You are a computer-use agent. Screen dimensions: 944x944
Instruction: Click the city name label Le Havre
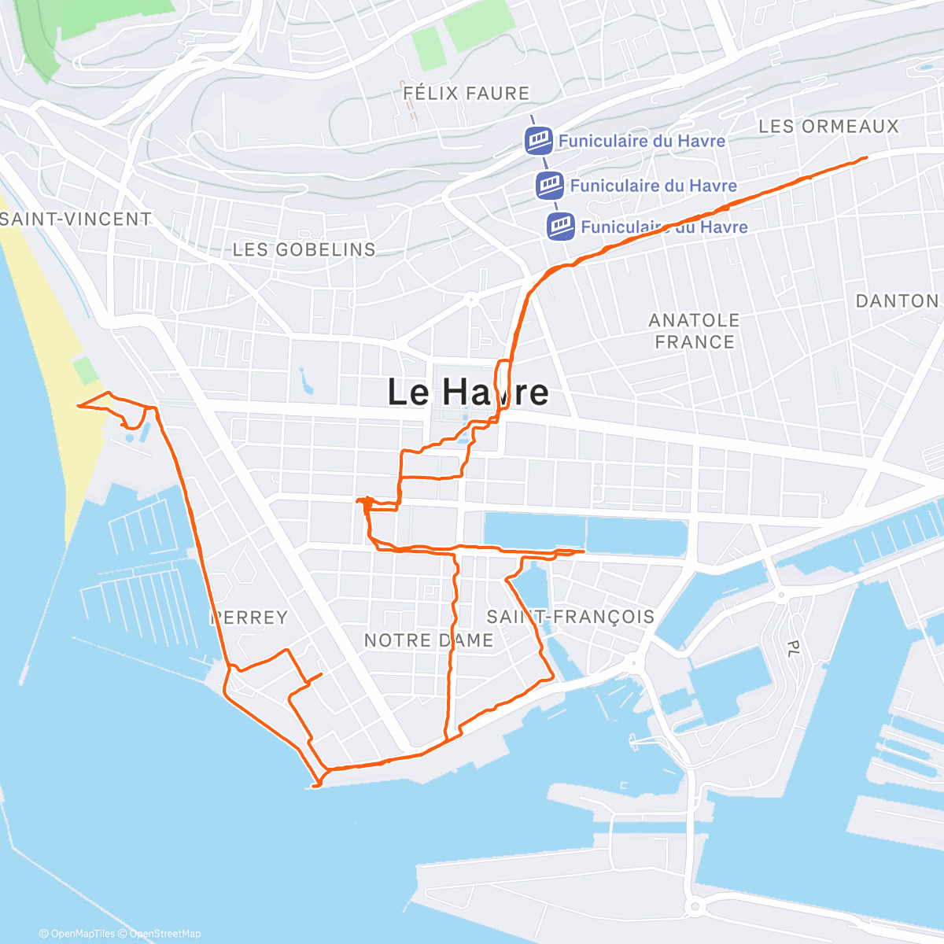point(468,392)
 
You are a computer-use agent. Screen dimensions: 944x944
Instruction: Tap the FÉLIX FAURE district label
point(466,94)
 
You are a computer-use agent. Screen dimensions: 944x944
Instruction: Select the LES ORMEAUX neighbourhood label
point(828,126)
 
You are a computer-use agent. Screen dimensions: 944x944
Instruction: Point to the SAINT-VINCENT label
point(76,219)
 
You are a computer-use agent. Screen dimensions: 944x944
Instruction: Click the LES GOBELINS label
point(304,249)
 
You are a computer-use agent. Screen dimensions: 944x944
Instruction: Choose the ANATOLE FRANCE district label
point(695,331)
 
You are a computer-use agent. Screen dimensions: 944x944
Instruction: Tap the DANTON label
point(897,301)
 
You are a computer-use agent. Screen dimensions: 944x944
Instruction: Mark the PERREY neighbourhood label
point(249,618)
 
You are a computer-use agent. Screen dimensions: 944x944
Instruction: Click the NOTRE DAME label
point(429,640)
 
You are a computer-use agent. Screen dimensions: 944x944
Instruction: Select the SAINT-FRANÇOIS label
point(570,616)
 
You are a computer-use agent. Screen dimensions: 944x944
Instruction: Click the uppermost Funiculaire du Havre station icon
point(539,142)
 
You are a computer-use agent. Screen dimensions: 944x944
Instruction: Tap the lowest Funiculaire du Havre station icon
point(561,227)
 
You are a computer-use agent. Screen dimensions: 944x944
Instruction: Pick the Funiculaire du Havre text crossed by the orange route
point(664,227)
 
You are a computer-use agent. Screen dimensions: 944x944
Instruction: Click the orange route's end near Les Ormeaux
point(865,158)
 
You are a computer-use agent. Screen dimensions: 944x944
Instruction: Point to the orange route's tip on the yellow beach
point(78,406)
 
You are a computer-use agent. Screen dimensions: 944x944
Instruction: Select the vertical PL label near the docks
point(793,647)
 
